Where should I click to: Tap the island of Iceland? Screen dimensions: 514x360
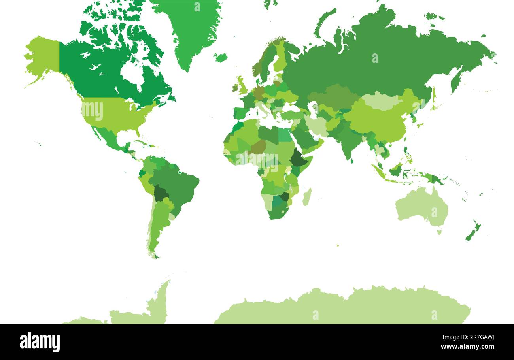[x=221, y=57]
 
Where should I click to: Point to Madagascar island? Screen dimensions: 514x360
[x=307, y=196]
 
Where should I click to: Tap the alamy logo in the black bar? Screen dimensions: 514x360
[x=40, y=342]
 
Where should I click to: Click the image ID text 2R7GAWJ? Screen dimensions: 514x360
[x=474, y=337]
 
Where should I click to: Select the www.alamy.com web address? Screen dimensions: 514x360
[x=467, y=347]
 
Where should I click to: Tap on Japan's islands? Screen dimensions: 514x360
[x=434, y=101]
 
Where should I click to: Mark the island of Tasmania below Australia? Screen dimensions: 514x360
[x=439, y=232]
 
